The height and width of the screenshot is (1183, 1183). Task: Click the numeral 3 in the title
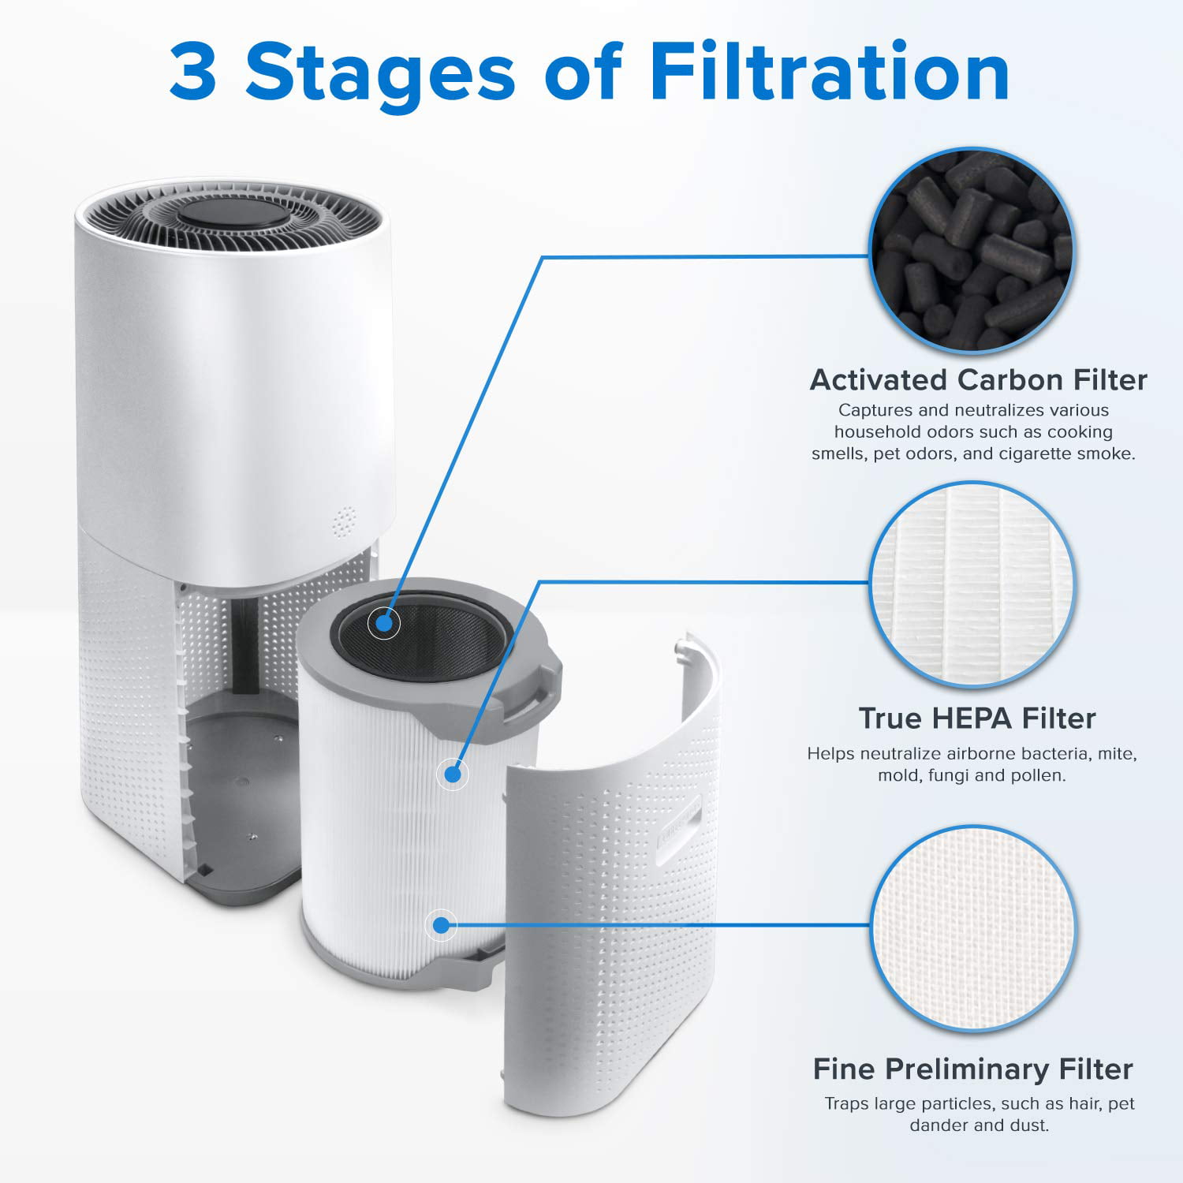193,73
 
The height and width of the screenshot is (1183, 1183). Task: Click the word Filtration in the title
829,73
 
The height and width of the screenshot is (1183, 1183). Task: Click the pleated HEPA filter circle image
972,584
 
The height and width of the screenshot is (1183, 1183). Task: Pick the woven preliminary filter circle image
973,927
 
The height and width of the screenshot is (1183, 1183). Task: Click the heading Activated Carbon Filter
978,380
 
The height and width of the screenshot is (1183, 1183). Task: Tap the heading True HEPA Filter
977,718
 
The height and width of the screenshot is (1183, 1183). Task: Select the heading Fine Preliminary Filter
972,1069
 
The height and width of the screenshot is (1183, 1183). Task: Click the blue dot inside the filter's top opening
384,623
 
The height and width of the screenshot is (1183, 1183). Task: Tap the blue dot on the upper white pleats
452,774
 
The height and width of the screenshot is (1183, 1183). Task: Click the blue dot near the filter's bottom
441,925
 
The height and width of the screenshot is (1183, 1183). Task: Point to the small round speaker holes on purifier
343,521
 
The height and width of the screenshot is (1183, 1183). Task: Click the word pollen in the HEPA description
1041,775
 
